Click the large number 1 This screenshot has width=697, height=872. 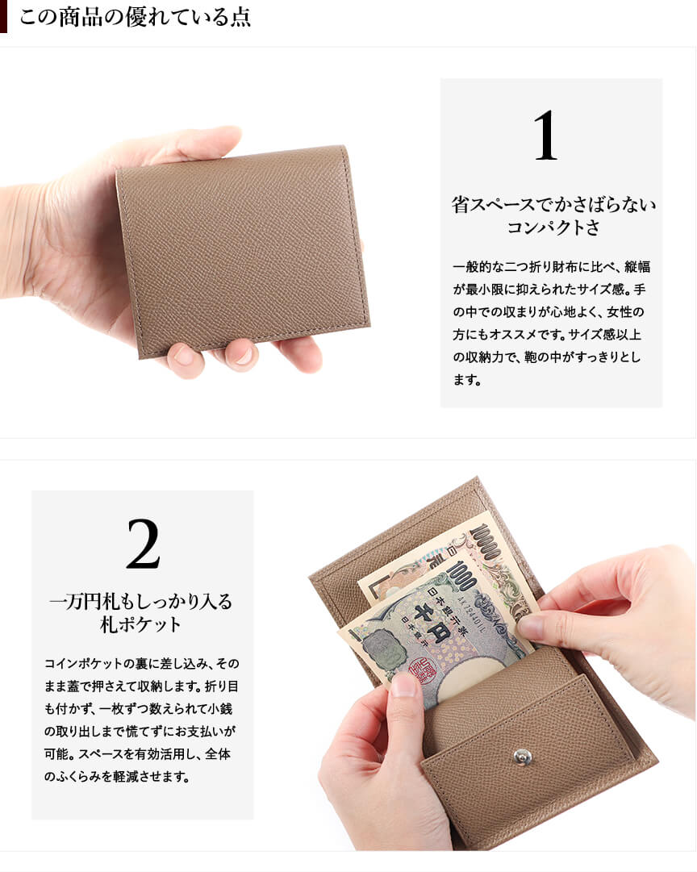tap(545, 136)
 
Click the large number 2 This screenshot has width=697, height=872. tap(143, 544)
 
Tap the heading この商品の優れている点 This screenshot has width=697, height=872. tap(136, 17)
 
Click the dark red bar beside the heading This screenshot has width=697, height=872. tap(3, 16)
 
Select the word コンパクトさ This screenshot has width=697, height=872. tap(553, 227)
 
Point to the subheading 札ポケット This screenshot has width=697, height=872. tap(140, 624)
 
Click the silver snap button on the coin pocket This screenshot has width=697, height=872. tap(522, 755)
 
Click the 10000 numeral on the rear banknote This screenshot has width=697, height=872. tap(485, 541)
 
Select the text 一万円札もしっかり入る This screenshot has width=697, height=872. tap(140, 601)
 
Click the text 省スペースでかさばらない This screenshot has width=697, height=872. tap(553, 204)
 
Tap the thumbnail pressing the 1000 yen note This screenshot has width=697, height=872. tap(529, 627)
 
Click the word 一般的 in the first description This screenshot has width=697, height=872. tap(472, 267)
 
